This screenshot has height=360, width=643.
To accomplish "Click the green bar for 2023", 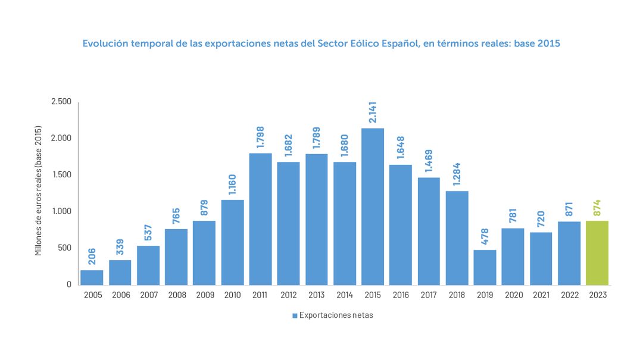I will pos(597,253).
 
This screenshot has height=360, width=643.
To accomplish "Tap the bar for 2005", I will pos(92,277).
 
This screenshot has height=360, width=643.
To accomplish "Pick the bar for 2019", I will pos(485,267).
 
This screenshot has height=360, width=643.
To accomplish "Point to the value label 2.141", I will pos(373,112).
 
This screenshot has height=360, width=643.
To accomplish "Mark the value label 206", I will pos(92,257).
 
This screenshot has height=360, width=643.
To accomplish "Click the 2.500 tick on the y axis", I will pos(61,102).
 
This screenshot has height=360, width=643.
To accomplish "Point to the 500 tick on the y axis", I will pos(64,248).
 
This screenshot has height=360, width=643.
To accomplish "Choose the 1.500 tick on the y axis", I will pos(61,175).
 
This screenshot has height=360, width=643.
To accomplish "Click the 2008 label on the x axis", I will pos(176,295).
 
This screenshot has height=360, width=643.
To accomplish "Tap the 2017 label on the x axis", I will pos(429,295).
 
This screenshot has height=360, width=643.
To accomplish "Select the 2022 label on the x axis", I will pos(569,295).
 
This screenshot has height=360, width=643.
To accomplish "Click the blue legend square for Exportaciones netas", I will pos(295,316).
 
